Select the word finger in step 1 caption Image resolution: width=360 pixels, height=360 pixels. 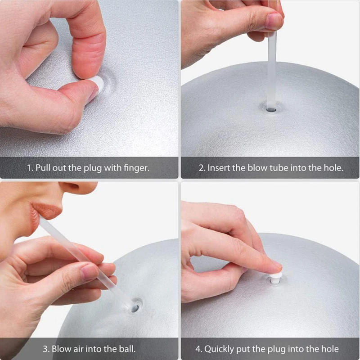pyautogui.click(x=136, y=168)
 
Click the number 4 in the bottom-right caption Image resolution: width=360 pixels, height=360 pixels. pyautogui.click(x=198, y=349)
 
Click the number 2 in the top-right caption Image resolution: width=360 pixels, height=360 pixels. pyautogui.click(x=202, y=168)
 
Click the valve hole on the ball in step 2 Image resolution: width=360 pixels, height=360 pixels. pyautogui.click(x=271, y=108)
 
